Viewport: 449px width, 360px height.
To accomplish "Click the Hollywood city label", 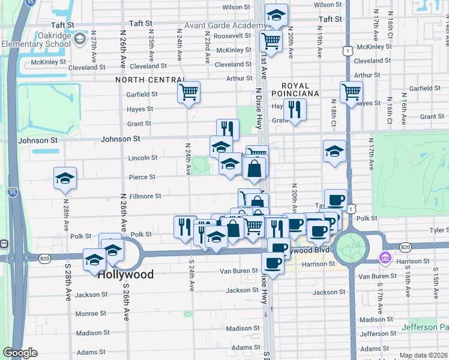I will click(x=125, y=274).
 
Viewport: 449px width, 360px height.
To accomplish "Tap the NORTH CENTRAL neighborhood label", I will click(x=150, y=80).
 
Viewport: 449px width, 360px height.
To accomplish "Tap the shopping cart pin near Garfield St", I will click(x=188, y=92).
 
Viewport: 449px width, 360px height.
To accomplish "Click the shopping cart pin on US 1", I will click(x=351, y=92).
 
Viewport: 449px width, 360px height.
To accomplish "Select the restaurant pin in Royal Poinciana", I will click(x=295, y=110).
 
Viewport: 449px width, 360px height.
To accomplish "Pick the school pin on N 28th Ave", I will click(x=65, y=178).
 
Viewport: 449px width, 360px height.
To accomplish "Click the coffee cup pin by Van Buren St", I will click(x=273, y=263).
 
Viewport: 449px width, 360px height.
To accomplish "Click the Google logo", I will click(x=20, y=353).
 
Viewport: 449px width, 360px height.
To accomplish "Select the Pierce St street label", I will click(x=142, y=177).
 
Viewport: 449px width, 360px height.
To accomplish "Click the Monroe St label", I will click(x=91, y=313).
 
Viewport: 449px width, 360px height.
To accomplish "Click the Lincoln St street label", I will click(x=143, y=158).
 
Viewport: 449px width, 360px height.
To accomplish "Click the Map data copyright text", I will click(x=423, y=355).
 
